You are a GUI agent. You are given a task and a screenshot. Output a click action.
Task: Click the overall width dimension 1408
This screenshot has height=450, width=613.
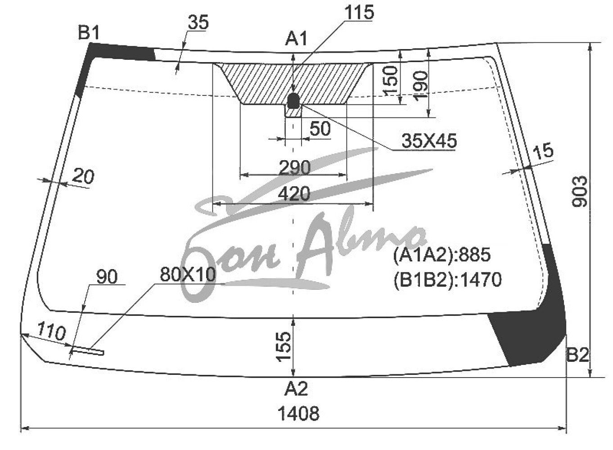[298, 414]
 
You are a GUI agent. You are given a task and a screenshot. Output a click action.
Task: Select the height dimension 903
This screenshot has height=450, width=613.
[580, 192]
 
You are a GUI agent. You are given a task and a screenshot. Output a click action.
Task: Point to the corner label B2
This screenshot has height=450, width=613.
[577, 355]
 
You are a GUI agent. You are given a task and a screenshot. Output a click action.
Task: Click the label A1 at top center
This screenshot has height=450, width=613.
[296, 39]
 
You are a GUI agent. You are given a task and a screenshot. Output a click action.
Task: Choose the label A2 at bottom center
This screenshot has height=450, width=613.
[296, 389]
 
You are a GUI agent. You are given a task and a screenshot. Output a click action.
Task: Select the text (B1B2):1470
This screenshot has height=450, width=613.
[448, 279]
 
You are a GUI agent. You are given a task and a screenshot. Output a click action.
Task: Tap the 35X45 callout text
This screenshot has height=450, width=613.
[429, 141]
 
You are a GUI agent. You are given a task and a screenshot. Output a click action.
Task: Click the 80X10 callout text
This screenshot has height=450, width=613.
[188, 274]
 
